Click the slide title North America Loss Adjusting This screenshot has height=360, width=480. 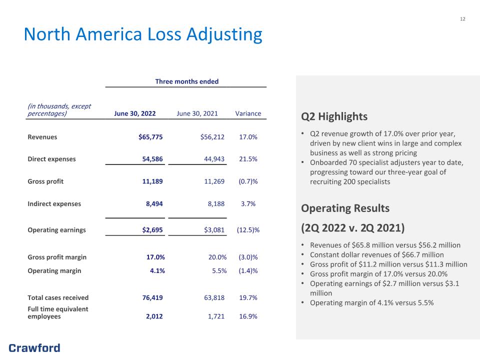tap(143, 34)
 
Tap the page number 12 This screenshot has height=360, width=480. tap(462, 19)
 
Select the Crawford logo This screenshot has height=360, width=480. tap(34, 348)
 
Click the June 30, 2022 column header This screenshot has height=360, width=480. tap(134, 113)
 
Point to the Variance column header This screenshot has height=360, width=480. tap(248, 113)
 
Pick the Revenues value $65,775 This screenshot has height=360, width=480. tap(150, 137)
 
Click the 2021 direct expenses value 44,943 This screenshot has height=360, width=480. tap(214, 159)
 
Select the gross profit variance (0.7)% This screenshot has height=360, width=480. tap(248, 181)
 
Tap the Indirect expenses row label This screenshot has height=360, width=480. tap(54, 204)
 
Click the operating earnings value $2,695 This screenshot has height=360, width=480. tap(152, 230)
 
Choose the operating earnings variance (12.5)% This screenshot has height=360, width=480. tap(248, 230)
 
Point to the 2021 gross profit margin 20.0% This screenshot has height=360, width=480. tap(217, 257)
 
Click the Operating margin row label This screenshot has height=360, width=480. tap(54, 271)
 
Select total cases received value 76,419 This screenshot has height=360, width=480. tap(152, 297)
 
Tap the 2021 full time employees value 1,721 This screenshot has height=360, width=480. tap(216, 316)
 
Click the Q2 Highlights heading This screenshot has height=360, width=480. tap(334, 116)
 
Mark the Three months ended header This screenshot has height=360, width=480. tap(186, 81)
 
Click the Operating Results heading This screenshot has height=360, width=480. tap(345, 208)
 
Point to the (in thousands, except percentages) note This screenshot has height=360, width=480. tap(59, 110)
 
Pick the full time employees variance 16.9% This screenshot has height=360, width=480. tap(248, 316)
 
